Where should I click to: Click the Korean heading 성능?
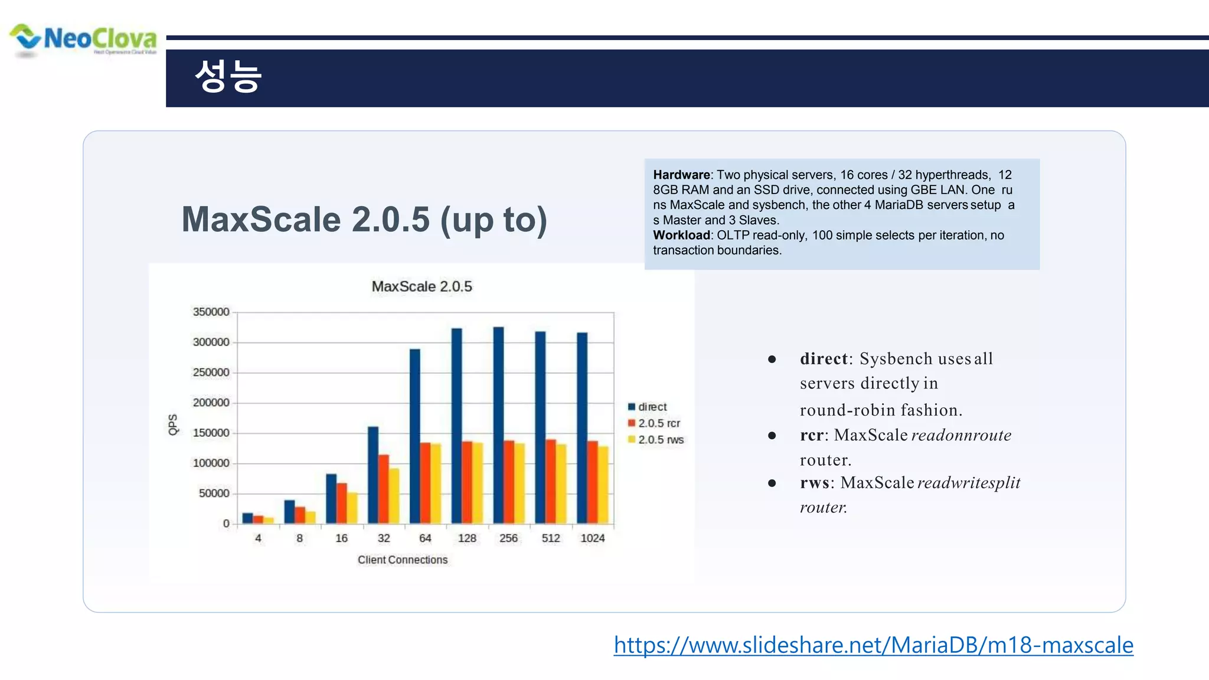point(227,77)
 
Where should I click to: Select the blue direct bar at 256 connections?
point(499,425)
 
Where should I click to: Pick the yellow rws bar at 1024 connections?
point(603,485)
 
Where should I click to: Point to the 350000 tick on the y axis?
point(211,312)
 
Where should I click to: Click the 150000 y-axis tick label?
point(211,433)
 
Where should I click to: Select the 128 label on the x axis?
point(467,538)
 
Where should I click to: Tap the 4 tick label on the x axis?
point(258,538)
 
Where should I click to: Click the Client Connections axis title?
point(403,560)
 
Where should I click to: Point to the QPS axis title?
point(173,424)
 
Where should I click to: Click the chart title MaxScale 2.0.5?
point(421,286)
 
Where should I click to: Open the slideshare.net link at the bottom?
point(873,645)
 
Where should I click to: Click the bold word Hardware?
point(681,175)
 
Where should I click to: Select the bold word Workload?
point(681,235)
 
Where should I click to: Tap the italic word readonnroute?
point(961,435)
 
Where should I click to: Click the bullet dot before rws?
point(772,483)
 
